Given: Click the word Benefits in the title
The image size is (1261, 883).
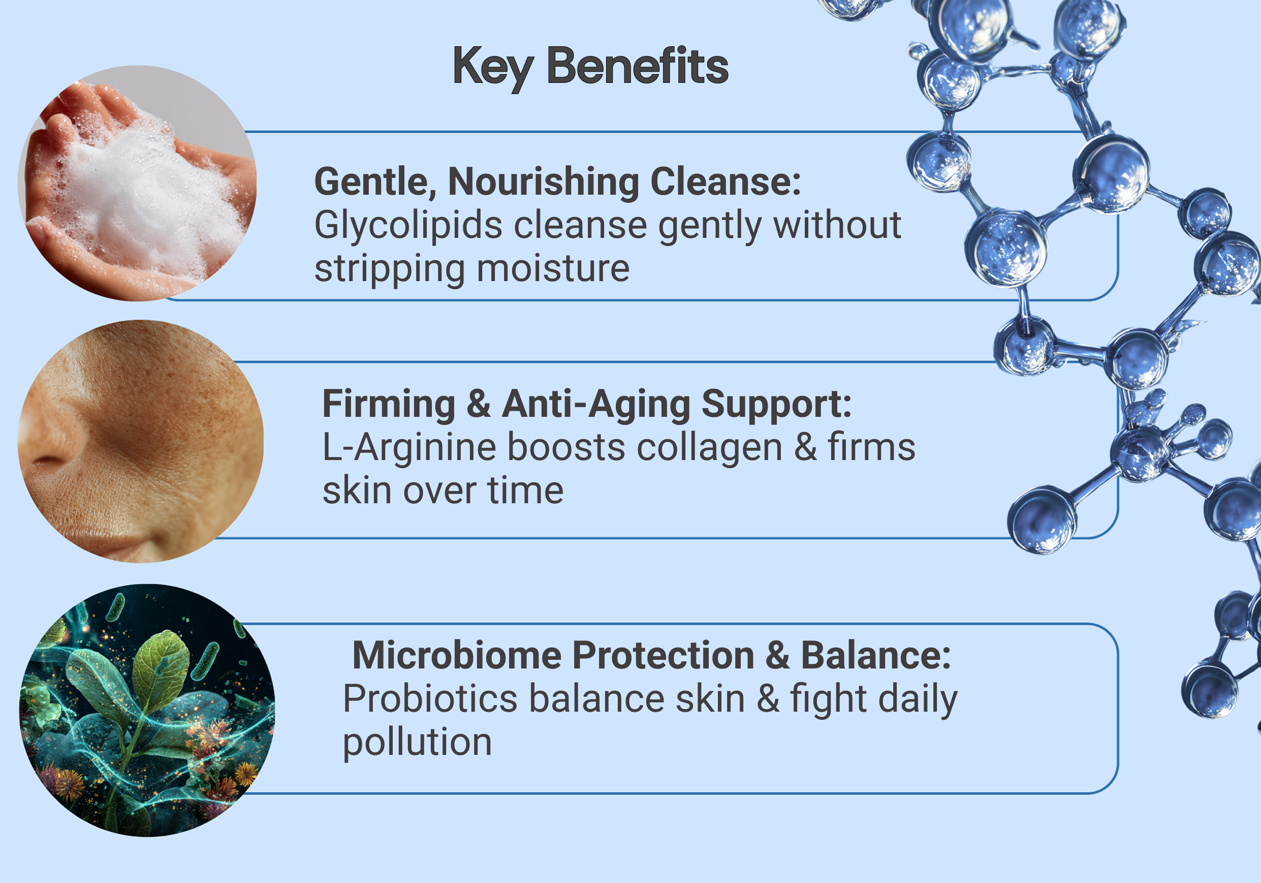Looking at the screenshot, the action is (x=637, y=66).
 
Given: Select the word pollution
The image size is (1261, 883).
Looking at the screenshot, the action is (x=418, y=743).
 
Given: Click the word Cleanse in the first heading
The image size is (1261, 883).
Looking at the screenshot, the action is (x=726, y=181).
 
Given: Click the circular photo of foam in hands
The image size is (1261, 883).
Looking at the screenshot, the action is (x=137, y=184).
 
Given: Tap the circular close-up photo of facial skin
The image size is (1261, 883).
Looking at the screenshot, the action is (x=141, y=441).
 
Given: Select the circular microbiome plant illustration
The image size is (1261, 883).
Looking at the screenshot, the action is (x=147, y=710).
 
